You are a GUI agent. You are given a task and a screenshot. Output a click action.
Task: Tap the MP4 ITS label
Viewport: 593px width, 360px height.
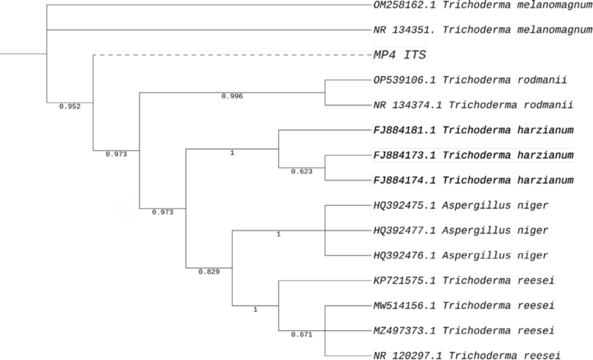click(400, 55)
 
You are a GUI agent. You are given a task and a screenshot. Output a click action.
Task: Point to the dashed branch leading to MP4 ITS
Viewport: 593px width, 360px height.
click(233, 55)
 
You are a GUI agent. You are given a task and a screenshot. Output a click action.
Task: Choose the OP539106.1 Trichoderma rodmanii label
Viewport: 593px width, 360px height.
click(470, 80)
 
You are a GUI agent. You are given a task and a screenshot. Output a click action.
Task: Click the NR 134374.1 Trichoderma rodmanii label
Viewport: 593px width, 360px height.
click(473, 105)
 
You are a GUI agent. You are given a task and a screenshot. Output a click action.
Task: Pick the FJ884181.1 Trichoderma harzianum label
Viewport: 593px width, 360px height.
click(473, 130)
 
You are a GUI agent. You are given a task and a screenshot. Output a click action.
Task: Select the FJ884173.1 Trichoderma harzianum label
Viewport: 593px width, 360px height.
click(473, 155)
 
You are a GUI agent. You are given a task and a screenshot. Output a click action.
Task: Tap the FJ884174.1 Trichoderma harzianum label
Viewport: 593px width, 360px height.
click(473, 180)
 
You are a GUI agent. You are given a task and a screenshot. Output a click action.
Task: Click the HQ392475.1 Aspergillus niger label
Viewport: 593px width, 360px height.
click(461, 205)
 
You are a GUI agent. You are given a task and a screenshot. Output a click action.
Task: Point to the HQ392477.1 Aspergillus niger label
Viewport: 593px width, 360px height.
click(461, 230)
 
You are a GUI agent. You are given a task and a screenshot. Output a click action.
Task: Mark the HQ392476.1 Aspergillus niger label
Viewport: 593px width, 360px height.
click(461, 255)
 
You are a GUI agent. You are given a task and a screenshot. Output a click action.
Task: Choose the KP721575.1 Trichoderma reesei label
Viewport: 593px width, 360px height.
click(464, 280)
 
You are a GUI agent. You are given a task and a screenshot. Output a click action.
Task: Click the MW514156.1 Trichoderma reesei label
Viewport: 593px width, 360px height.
click(464, 305)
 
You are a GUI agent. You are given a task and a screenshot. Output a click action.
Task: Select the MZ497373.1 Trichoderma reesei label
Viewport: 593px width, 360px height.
click(464, 330)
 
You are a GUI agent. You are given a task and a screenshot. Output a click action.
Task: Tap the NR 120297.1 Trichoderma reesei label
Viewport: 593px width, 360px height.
click(467, 355)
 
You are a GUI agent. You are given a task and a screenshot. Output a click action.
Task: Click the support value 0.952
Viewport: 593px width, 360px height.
click(70, 107)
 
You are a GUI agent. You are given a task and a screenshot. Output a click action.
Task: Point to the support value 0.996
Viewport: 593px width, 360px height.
click(232, 96)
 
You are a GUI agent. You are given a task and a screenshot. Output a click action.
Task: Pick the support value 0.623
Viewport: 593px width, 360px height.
click(302, 172)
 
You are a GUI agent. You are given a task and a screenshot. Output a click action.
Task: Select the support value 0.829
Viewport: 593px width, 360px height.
click(209, 272)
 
